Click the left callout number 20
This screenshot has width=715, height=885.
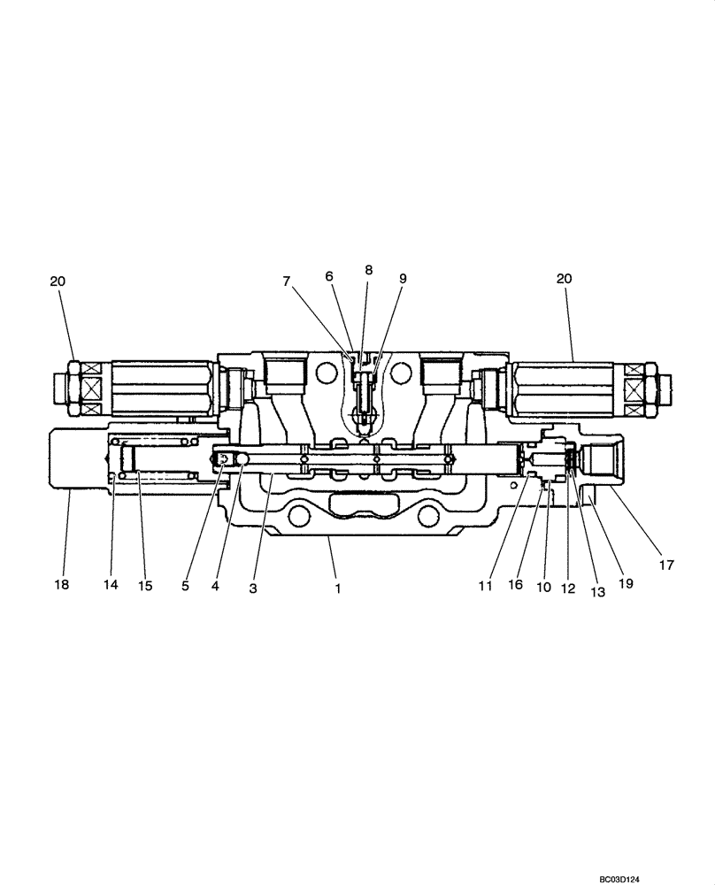(x=58, y=281)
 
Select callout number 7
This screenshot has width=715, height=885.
(x=287, y=281)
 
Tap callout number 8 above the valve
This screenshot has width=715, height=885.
(x=368, y=269)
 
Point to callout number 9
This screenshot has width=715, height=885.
(x=403, y=278)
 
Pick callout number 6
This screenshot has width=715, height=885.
(x=329, y=276)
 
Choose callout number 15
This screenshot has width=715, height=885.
(x=144, y=585)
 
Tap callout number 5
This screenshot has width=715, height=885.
(x=186, y=585)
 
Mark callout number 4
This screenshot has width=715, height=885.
(x=217, y=585)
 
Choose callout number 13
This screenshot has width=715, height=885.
(x=597, y=593)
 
